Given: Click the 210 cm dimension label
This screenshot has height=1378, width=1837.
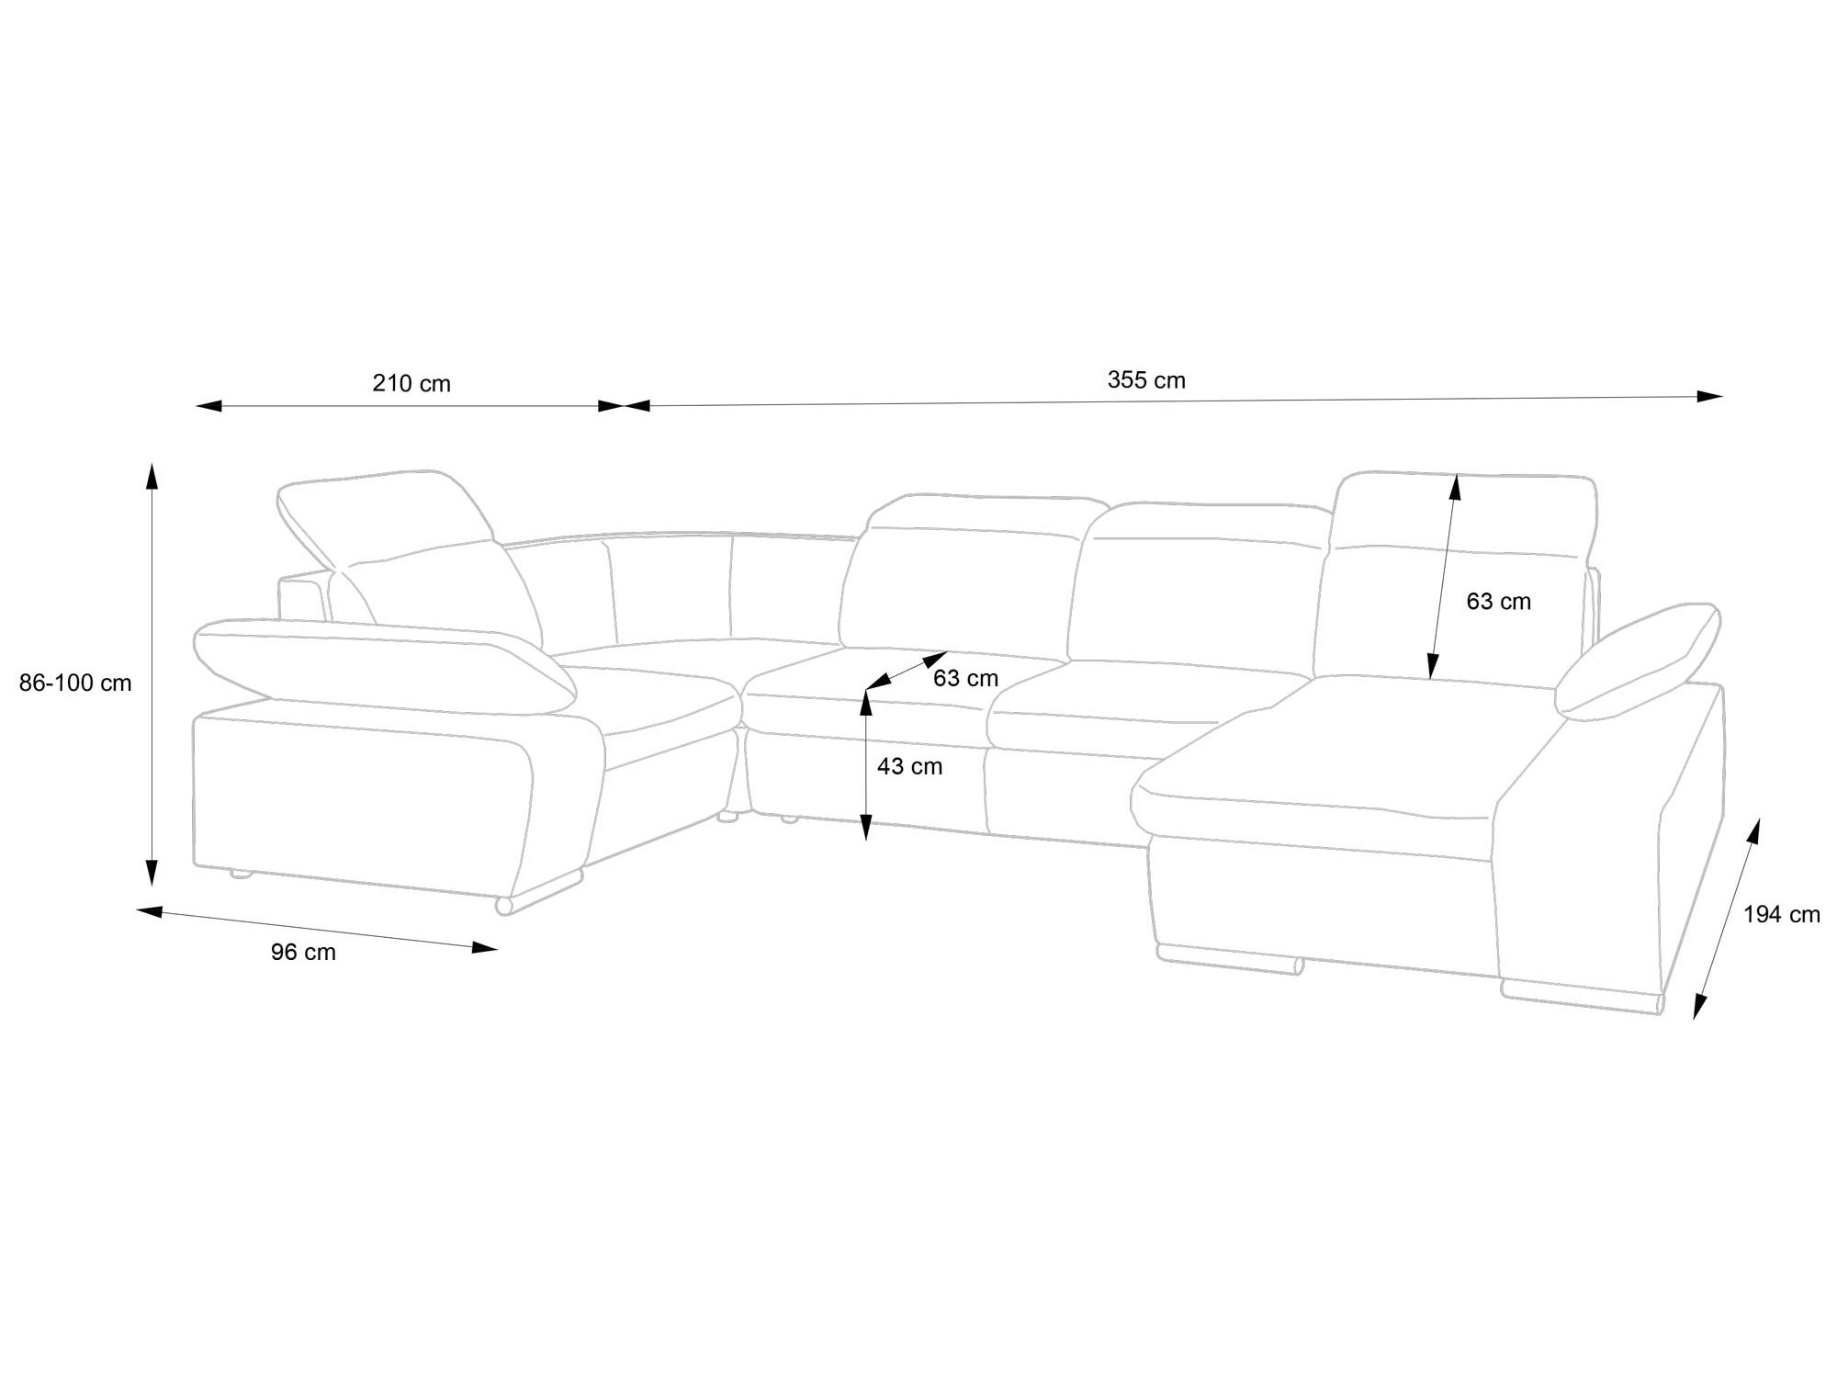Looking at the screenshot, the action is click(411, 383).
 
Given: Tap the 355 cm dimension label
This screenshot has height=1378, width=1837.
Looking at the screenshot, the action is click(1146, 380).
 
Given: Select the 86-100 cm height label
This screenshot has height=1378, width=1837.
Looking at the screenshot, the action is click(75, 683).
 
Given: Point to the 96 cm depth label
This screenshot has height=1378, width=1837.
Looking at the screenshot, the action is click(303, 953).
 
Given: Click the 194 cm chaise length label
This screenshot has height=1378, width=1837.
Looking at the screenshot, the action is click(1782, 914).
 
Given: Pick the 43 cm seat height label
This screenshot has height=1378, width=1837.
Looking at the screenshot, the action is click(909, 766).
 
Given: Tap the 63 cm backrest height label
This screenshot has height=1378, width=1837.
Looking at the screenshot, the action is click(1499, 602).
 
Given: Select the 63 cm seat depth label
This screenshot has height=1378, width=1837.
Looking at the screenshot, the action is click(965, 678).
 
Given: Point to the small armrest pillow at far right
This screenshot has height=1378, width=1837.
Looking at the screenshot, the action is click(1637, 661).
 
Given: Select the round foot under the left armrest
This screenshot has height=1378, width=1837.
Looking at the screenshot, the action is click(503, 906).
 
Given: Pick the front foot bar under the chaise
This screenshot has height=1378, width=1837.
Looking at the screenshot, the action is click(1231, 959).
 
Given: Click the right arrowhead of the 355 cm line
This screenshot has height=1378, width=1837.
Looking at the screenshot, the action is click(1709, 397).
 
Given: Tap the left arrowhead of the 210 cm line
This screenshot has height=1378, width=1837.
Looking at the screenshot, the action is click(209, 406).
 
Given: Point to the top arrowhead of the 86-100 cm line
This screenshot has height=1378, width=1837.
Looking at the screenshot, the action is click(152, 477).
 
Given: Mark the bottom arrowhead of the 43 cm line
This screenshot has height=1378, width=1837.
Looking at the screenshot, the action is click(865, 827).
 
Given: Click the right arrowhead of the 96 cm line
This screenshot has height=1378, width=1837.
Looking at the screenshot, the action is click(485, 947).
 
